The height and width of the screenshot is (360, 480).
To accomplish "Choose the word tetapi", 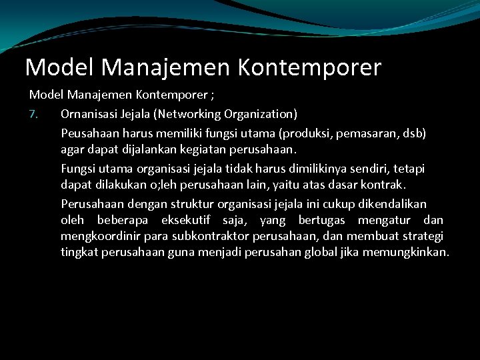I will (409, 169).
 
